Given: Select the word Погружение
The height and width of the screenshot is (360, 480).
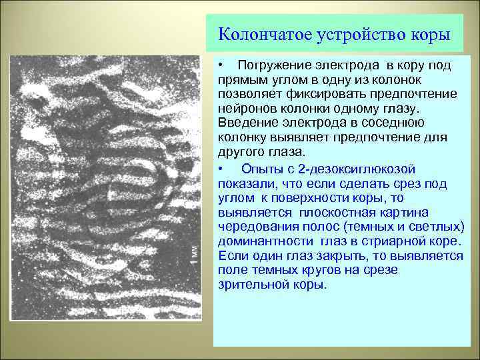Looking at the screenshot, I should pyautogui.click(x=275, y=66).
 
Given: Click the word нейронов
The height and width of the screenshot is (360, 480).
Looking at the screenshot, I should pyautogui.click(x=245, y=108).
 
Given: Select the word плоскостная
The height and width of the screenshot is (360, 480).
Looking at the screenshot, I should pyautogui.click(x=333, y=212).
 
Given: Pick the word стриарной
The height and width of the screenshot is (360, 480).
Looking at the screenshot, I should pyautogui.click(x=401, y=241).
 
